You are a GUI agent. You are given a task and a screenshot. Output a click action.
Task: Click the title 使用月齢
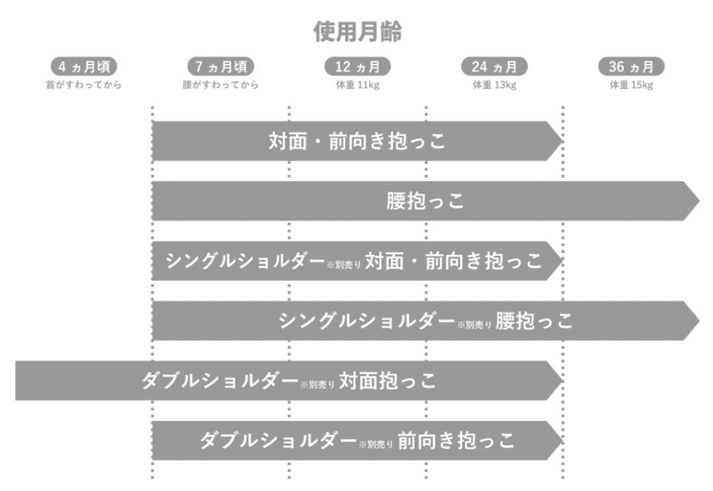(357, 32)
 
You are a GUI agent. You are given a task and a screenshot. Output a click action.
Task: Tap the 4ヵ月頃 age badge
(84, 67)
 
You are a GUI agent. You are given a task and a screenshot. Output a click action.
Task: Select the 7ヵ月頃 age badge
(221, 67)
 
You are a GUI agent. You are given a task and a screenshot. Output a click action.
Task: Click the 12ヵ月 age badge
(357, 67)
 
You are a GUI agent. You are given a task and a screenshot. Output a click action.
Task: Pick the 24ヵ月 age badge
(494, 67)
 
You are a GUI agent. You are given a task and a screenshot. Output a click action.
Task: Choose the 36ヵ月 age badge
(631, 67)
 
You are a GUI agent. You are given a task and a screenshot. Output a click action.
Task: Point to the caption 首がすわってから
(84, 85)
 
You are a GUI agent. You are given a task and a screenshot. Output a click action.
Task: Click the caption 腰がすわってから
(221, 85)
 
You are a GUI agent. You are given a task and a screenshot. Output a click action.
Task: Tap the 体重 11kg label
(357, 85)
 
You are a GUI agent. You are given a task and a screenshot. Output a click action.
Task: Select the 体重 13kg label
(494, 85)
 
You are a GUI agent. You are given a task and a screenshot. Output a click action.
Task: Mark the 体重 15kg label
(631, 85)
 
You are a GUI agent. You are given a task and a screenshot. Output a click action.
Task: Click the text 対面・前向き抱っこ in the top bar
(357, 141)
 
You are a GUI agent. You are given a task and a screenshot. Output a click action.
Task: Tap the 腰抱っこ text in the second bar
(425, 201)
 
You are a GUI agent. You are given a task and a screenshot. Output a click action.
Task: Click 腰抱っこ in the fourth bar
(534, 321)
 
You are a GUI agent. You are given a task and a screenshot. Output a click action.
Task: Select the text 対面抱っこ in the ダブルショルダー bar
(388, 381)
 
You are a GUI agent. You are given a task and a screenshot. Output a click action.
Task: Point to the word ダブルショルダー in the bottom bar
(279, 441)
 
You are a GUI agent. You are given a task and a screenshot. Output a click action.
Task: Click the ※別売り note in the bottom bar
(376, 444)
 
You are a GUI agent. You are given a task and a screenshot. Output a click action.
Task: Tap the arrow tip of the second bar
(699, 201)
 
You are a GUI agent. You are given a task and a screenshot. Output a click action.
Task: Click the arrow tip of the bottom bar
(562, 441)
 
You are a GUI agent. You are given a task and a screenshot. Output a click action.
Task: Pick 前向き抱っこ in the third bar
(483, 261)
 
